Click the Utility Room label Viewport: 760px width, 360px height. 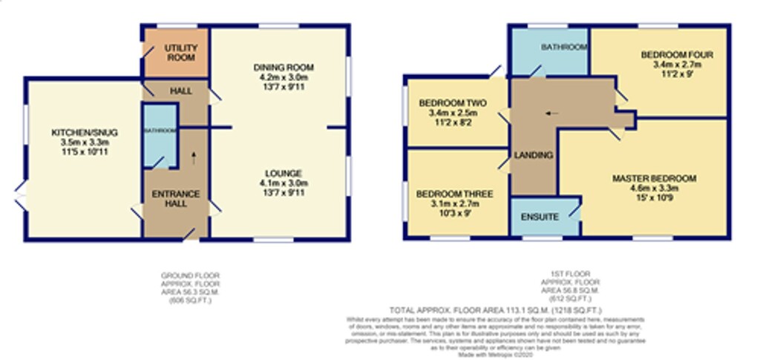pyautogui.click(x=180, y=53)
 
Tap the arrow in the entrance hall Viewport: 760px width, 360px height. pyautogui.click(x=194, y=157)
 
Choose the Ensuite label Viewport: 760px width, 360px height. pyautogui.click(x=540, y=217)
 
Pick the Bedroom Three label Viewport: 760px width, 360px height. pyautogui.click(x=454, y=194)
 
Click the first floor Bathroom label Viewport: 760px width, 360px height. pyautogui.click(x=563, y=48)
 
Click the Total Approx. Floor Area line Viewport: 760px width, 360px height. pyautogui.click(x=495, y=309)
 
